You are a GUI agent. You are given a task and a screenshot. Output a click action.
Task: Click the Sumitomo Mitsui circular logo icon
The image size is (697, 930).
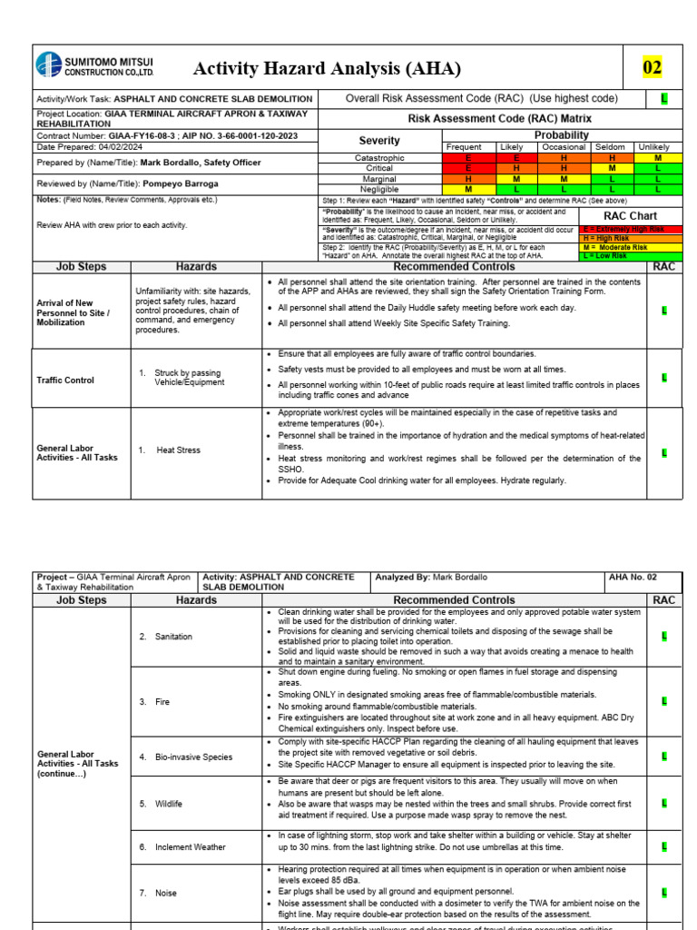click(47, 65)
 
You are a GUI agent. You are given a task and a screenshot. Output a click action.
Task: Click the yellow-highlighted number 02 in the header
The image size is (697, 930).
click(653, 67)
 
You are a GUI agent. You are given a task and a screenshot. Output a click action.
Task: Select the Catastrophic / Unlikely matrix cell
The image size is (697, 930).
click(653, 158)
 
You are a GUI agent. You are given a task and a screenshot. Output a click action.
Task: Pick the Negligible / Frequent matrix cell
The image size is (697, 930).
click(468, 189)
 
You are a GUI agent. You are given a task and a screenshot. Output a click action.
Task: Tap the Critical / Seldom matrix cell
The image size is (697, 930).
click(612, 168)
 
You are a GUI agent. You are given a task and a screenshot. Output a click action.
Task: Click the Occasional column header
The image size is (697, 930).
click(564, 147)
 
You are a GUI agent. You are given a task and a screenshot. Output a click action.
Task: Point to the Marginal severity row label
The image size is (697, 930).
click(379, 179)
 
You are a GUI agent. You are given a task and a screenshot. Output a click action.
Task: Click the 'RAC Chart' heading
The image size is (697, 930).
click(630, 215)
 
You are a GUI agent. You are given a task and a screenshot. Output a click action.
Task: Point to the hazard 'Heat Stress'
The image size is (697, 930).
click(178, 450)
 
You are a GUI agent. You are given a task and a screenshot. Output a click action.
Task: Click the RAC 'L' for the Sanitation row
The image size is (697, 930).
click(664, 637)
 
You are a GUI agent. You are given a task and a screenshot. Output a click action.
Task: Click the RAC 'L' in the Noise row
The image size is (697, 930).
click(664, 893)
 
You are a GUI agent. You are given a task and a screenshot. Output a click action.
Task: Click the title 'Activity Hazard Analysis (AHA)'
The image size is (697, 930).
click(327, 69)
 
